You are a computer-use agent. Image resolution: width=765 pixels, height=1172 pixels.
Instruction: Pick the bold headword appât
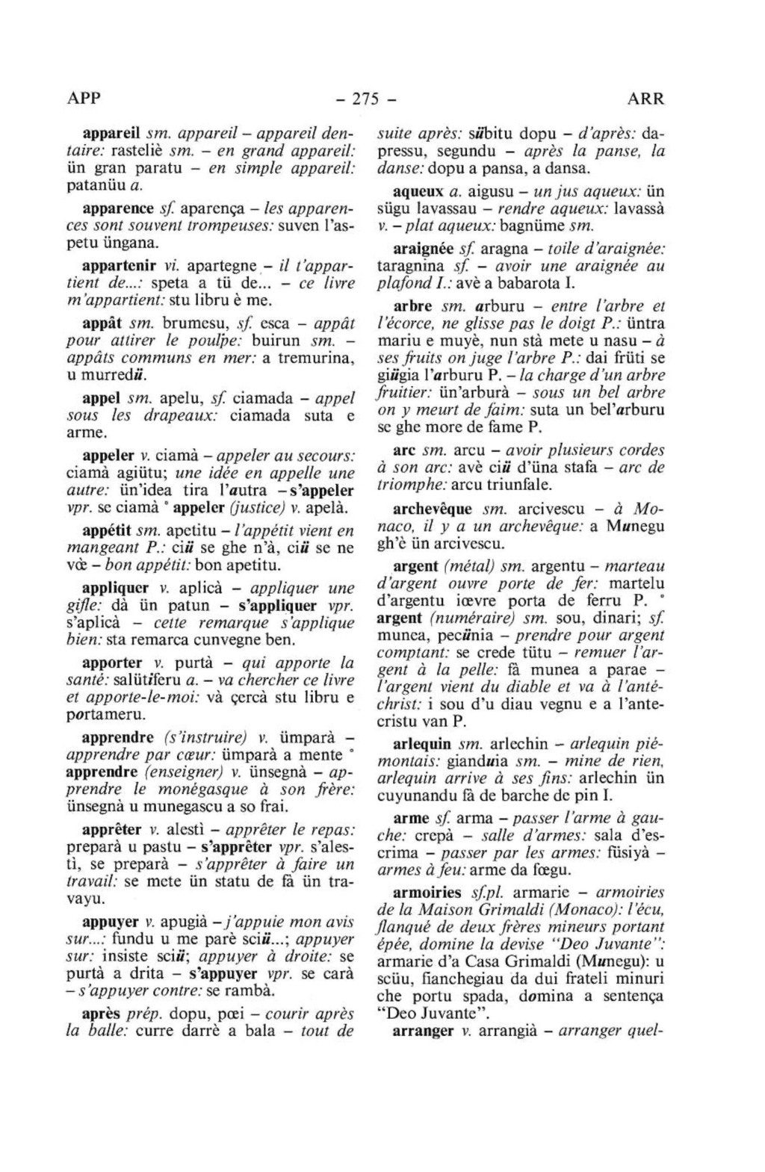[x=102, y=323]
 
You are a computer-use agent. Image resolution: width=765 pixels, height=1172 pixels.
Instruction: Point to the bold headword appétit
[x=107, y=531]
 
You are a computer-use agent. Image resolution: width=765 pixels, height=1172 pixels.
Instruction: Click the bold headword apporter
[x=112, y=663]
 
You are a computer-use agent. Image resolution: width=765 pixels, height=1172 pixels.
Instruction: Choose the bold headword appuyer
[x=109, y=921]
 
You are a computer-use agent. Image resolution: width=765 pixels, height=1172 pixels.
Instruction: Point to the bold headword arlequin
[x=421, y=744]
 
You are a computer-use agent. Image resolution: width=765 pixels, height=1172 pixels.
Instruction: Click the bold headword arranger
[x=423, y=1031]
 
